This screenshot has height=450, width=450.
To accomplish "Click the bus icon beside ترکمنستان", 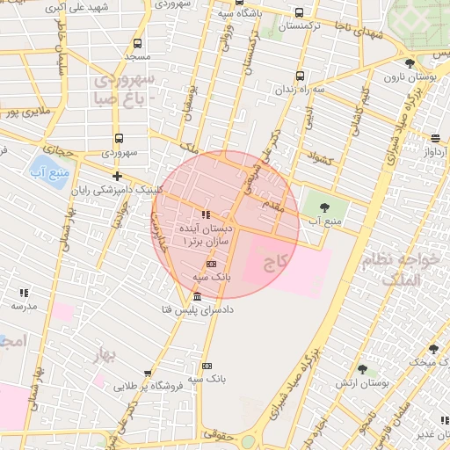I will (300, 13).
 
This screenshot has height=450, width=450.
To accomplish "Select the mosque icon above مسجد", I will (138, 42).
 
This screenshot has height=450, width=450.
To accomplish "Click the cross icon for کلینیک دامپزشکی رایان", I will (116, 176).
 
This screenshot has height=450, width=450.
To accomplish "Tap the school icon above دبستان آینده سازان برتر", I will (205, 214).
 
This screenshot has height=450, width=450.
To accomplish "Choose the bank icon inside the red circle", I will (210, 263).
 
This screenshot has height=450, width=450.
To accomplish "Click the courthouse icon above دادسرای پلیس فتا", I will (197, 296).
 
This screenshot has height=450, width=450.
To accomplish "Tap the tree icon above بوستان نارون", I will (410, 62).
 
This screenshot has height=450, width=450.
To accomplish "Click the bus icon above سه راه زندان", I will (300, 76).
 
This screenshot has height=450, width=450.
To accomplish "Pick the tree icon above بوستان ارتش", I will (362, 369).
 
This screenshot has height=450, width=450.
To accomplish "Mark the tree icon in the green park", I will (325, 207).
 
